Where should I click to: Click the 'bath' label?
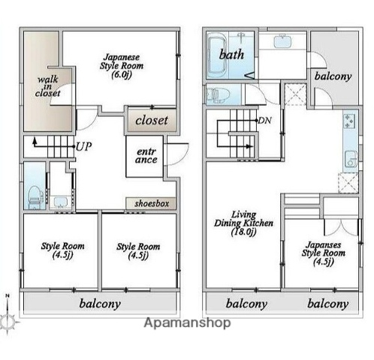(x=231, y=55)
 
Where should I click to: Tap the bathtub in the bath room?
(x=218, y=55)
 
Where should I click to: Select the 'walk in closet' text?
(x=47, y=86)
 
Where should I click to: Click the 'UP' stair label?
(x=83, y=147)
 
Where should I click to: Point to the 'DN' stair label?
(x=265, y=121)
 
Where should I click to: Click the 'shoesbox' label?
(x=152, y=203)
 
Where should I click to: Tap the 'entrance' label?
(x=146, y=156)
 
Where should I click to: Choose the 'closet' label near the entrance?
(x=152, y=120)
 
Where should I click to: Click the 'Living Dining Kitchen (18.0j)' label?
(x=243, y=223)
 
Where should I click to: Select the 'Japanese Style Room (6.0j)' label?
(x=122, y=66)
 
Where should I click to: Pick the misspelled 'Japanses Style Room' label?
(x=324, y=253)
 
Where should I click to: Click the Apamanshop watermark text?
(x=187, y=322)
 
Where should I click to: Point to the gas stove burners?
(x=350, y=121)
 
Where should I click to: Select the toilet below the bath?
(x=218, y=94)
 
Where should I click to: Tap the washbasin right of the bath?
(x=283, y=42)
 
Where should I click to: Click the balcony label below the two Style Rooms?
(x=100, y=304)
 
